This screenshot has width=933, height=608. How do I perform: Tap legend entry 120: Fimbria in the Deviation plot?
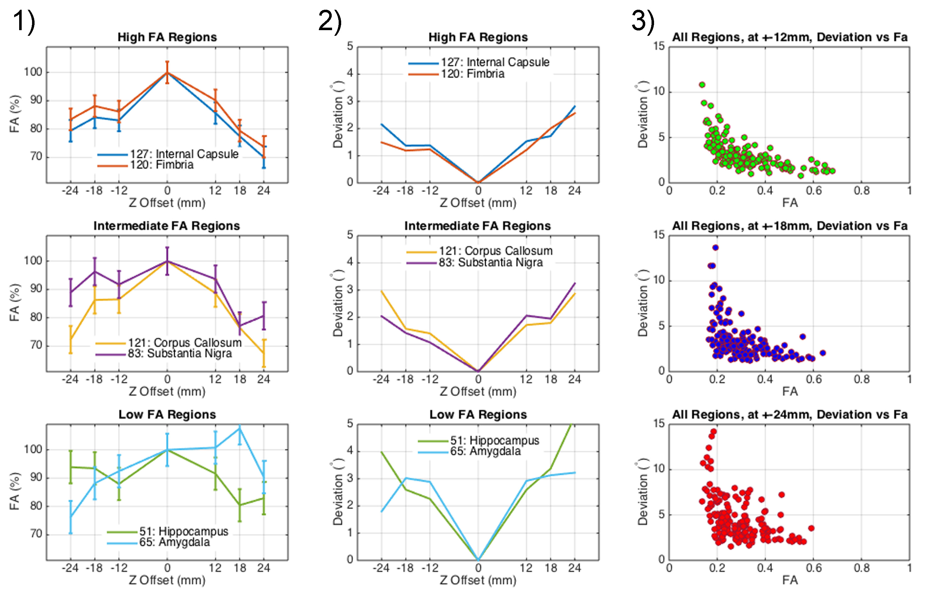click(x=472, y=74)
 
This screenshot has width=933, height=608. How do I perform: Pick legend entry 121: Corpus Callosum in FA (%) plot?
click(x=185, y=343)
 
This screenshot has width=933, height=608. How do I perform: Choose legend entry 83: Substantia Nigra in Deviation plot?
click(x=490, y=262)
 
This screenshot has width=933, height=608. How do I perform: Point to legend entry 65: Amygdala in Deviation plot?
click(x=485, y=451)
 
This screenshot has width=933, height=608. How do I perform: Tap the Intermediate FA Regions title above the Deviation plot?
click(x=477, y=226)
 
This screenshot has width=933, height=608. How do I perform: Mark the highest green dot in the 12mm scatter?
click(x=702, y=85)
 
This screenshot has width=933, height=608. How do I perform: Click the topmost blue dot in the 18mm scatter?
click(x=715, y=247)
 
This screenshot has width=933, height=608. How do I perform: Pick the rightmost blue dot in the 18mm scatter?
click(x=823, y=353)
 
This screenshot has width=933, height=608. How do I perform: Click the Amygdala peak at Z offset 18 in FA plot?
click(x=239, y=428)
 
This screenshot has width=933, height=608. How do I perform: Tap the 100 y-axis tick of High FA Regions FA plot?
click(x=33, y=72)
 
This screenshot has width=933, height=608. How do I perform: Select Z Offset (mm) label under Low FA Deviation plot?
click(x=478, y=580)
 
